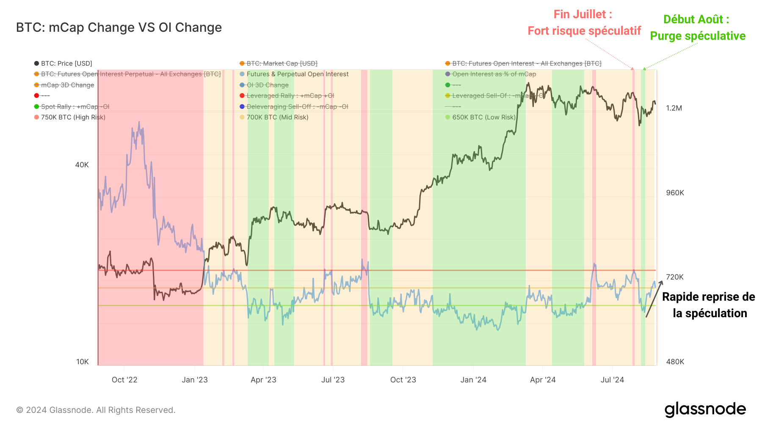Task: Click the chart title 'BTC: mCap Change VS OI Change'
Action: [119, 28]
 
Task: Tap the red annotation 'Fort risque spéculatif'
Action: [584, 31]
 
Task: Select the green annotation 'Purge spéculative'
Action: [698, 36]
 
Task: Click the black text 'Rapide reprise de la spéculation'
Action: [709, 305]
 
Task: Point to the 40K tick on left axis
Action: [82, 165]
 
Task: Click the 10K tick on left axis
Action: [83, 362]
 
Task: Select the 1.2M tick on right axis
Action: [674, 108]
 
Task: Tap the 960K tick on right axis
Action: [675, 193]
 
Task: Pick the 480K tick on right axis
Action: [675, 362]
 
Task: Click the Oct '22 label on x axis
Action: [124, 380]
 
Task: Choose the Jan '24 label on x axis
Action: [473, 380]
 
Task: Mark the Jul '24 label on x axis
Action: [612, 380]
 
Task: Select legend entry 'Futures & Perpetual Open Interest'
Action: [297, 74]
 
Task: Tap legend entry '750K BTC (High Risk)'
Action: [73, 117]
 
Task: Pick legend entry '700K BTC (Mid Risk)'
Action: [277, 117]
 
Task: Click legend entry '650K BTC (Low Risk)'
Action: [483, 117]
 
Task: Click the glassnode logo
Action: [705, 410]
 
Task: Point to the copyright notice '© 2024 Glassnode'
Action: [96, 410]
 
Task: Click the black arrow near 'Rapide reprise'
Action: [654, 299]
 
